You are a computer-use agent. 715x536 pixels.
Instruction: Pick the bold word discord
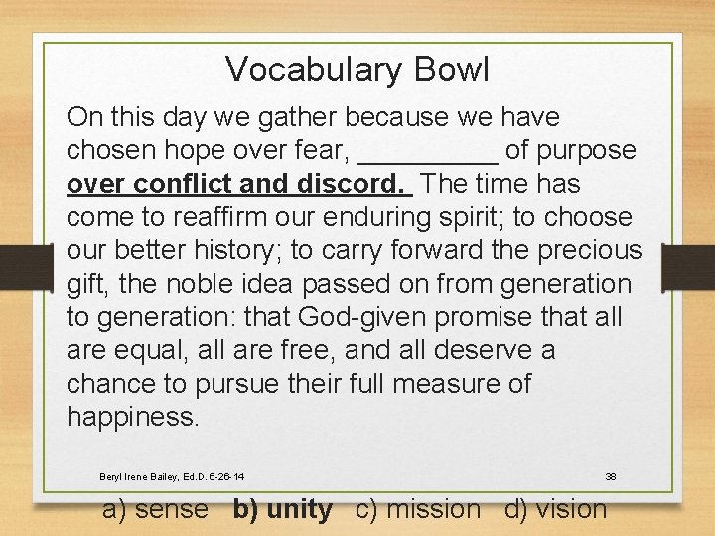[359, 185]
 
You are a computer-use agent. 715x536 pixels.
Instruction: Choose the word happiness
[133, 417]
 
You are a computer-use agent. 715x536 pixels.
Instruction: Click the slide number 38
[611, 477]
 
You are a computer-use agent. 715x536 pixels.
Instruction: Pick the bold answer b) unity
[283, 510]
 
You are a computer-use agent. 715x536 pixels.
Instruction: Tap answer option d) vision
[555, 510]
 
